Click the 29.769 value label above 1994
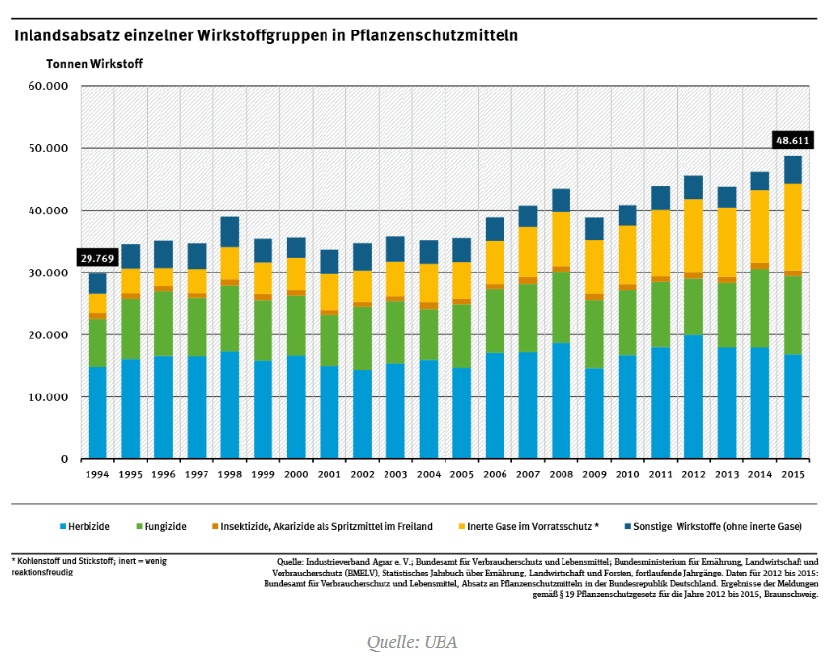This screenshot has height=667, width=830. [97, 259]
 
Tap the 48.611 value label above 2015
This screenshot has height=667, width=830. [793, 141]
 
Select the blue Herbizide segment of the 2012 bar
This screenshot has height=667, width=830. [693, 397]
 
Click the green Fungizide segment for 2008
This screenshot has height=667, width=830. [562, 308]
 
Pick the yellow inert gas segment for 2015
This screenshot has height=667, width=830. [793, 227]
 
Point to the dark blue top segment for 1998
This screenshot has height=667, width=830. [230, 232]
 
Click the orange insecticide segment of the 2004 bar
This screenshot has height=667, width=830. [429, 305]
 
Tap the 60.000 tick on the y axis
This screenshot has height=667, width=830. [48, 86]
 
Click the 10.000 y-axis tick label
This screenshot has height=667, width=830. [48, 397]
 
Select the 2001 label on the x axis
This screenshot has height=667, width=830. [329, 475]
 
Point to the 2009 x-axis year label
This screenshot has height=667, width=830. [594, 475]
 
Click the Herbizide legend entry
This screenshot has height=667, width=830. [85, 526]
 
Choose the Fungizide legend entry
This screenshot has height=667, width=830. [161, 526]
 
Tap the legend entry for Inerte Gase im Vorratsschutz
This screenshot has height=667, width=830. [529, 526]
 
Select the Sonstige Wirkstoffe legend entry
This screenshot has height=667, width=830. [714, 526]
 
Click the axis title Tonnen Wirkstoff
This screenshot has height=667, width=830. [94, 64]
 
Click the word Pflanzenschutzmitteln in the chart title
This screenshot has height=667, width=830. [434, 35]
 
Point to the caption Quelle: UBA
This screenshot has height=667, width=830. [412, 642]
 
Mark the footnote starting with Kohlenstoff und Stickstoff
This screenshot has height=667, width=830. [89, 566]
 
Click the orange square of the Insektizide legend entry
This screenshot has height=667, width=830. [215, 526]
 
